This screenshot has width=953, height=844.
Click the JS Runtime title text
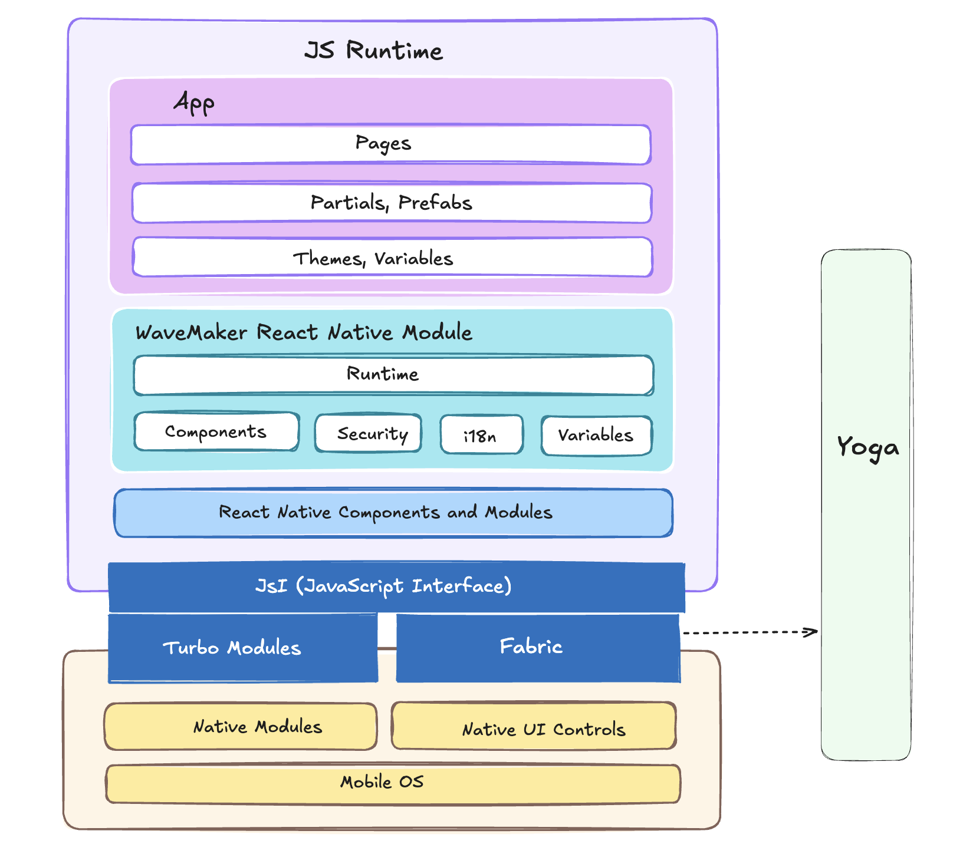coord(373,51)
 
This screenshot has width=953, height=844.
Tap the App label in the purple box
coord(194,103)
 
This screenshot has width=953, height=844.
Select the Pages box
coord(390,144)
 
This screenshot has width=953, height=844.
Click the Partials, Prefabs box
coord(392,203)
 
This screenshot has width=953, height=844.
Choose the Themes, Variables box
coord(392,258)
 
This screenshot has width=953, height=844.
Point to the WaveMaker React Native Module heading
coord(304,332)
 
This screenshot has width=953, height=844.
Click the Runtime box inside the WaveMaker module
coord(393,375)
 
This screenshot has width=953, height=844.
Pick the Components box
coord(216,431)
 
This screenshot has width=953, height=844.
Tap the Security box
coord(368,433)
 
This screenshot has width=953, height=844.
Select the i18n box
coord(481,435)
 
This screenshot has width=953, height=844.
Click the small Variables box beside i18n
coord(596,436)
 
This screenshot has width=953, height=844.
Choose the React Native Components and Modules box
coord(393,513)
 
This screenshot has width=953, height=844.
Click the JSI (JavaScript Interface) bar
coord(396,587)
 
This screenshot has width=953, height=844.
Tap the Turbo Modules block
coord(242,648)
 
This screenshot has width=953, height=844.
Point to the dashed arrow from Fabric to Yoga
coord(749,632)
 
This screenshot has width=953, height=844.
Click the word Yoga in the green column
coord(867,447)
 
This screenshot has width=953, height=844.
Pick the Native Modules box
coord(241,726)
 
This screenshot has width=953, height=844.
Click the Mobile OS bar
coord(393,783)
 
